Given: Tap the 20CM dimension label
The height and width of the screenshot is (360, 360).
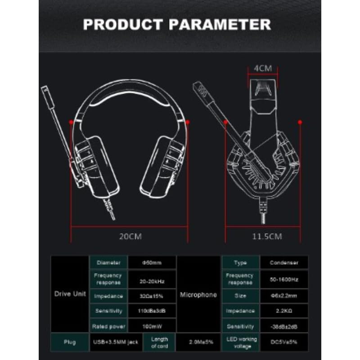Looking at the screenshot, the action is coord(130,236).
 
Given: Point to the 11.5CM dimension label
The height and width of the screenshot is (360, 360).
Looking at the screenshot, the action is coord(267,236).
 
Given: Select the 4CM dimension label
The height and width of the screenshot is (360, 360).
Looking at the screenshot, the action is coord(263,68).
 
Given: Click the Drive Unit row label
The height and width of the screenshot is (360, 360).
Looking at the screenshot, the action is coord(70,294).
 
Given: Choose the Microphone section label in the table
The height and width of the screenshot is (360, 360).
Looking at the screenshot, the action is coord(198,295).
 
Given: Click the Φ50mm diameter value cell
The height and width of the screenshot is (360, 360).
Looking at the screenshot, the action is coord(153,262).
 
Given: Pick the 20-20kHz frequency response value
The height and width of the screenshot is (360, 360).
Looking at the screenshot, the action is coord(153,282).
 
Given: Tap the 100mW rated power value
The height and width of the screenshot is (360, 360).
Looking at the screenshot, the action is coord(153,326).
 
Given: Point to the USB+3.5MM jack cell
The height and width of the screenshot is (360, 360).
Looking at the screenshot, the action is coord(116,342).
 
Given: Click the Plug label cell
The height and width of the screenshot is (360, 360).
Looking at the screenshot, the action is coord(70,342).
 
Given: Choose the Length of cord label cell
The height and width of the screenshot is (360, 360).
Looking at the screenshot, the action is coord(159,342).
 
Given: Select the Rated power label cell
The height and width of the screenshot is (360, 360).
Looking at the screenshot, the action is coord(109,326).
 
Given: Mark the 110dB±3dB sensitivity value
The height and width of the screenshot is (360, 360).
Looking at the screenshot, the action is coord(153,310).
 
